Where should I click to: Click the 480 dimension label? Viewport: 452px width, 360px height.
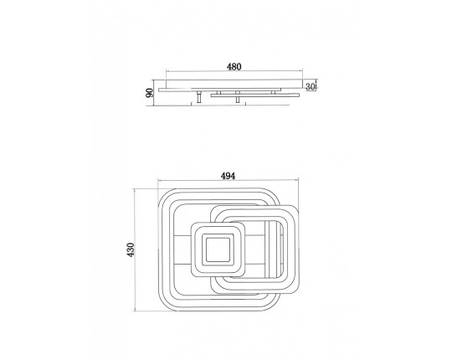(x=234, y=67)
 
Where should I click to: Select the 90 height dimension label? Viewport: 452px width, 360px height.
(x=150, y=93)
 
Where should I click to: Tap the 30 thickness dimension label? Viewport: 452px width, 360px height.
(x=310, y=86)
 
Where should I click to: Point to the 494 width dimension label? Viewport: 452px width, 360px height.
(x=228, y=176)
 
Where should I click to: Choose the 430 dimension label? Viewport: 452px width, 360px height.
(x=131, y=249)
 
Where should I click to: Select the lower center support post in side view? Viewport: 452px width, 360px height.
(x=238, y=100)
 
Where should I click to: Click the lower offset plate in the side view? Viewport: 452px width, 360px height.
(x=255, y=95)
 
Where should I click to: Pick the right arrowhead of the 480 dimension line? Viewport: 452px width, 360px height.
(x=302, y=71)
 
